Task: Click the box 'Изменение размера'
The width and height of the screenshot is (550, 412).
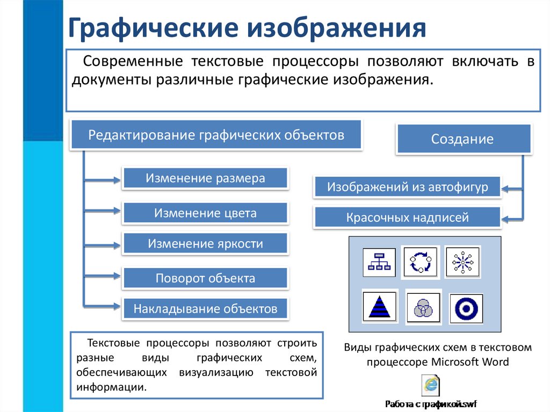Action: click(205, 178)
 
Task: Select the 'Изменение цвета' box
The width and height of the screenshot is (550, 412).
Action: click(205, 213)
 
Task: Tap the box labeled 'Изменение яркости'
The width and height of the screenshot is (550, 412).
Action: click(205, 244)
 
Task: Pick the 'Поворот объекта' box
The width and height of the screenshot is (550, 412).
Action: click(205, 278)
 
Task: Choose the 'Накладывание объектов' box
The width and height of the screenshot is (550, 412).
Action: click(205, 309)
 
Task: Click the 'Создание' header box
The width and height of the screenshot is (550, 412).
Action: click(462, 139)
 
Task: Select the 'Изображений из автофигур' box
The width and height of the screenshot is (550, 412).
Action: click(407, 187)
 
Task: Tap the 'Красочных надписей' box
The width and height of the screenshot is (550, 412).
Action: click(407, 218)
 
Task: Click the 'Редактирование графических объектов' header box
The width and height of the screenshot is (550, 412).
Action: click(216, 135)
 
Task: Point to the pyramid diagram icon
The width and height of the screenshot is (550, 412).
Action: click(379, 307)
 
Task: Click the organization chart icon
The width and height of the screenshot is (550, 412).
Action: click(379, 263)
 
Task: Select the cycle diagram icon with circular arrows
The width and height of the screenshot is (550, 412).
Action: click(420, 263)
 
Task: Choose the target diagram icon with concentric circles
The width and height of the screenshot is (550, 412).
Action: click(465, 308)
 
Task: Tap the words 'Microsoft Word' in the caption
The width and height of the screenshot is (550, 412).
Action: click(469, 362)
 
